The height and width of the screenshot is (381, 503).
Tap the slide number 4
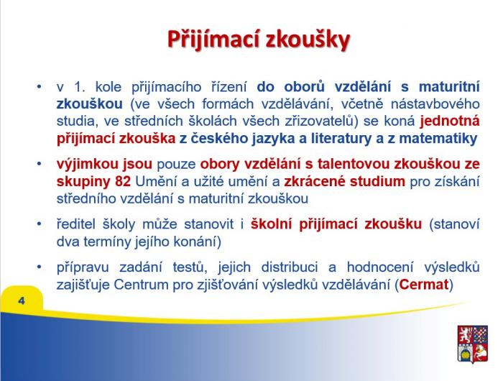click(x=22, y=300)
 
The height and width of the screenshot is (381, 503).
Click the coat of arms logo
click(x=473, y=344)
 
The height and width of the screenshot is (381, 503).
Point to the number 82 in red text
click(x=123, y=181)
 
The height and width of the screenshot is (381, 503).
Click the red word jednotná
click(x=450, y=121)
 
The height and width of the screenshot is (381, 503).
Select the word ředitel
click(x=75, y=224)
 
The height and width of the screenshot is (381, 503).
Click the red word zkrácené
click(x=315, y=181)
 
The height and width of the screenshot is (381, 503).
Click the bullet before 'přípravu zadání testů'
click(x=39, y=267)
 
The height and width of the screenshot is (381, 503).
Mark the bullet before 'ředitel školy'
click(x=39, y=224)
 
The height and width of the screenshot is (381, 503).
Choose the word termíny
click(x=106, y=242)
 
